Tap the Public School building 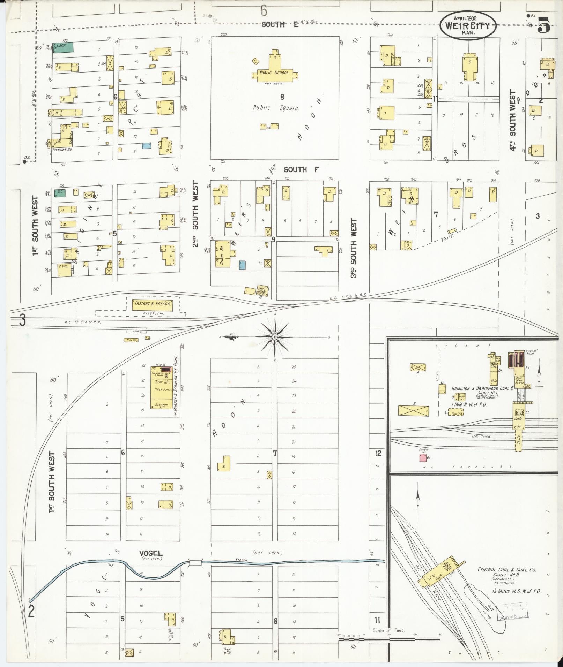274,73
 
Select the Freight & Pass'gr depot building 152,304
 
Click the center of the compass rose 274,337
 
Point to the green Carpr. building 63,47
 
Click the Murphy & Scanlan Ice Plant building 160,387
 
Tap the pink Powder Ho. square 423,458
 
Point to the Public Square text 276,108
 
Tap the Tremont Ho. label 61,150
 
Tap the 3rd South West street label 354,248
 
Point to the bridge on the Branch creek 195,562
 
